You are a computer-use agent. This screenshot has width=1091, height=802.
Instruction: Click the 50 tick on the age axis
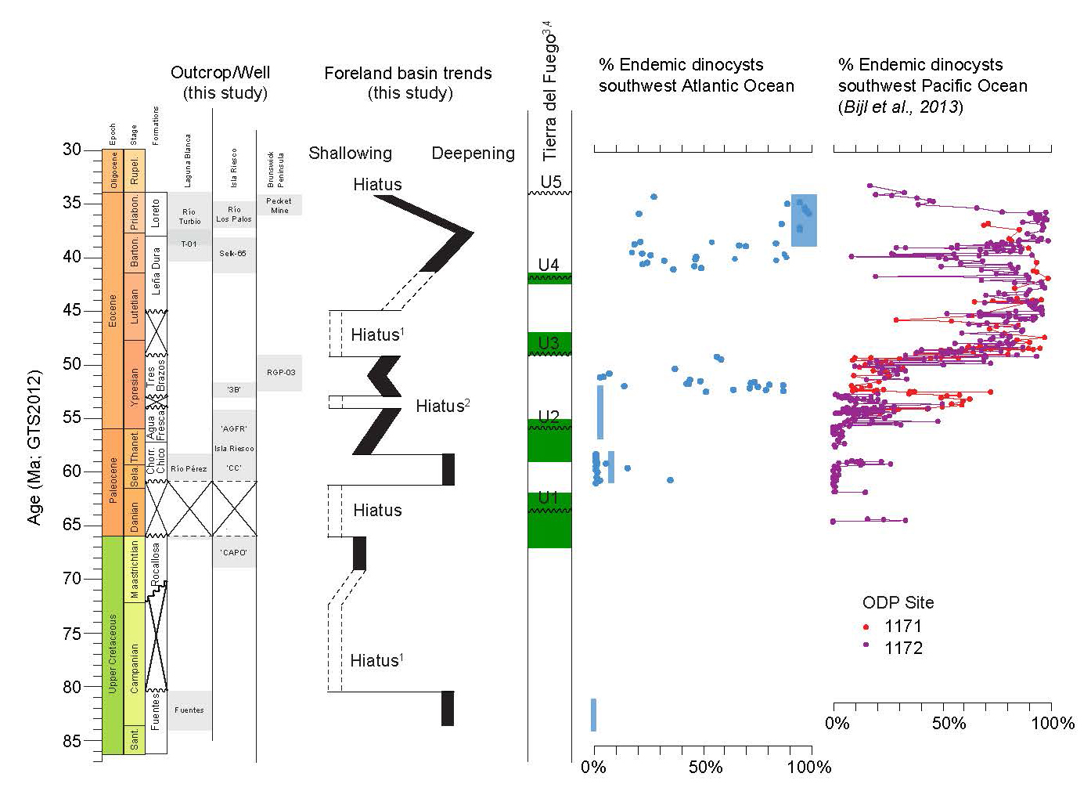coord(93,365)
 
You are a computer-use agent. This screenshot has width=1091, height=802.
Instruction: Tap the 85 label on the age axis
coord(72,741)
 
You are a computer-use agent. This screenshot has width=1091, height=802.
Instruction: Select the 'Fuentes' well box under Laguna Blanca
coord(189,710)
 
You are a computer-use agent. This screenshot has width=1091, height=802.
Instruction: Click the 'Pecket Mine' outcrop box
coord(279,205)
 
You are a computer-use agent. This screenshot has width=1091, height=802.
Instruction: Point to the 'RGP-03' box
coord(280,373)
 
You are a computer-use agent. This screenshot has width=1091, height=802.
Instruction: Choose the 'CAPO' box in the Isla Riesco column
coord(234,553)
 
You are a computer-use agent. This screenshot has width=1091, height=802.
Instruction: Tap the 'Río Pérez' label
coord(189,468)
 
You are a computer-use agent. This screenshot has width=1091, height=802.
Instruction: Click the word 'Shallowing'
coord(350,154)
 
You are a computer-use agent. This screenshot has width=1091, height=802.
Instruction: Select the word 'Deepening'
coord(473,154)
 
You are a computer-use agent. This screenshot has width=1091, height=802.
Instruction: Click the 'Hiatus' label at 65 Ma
coord(376,511)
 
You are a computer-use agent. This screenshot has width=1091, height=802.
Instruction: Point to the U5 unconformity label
coord(550,182)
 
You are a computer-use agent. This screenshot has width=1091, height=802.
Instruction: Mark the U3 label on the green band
coord(549,343)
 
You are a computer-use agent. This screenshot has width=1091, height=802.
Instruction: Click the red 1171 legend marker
coord(866,627)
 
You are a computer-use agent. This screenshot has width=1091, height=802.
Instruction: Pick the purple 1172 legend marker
coord(866,648)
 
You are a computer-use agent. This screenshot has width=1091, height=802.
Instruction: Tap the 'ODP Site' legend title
coord(898,602)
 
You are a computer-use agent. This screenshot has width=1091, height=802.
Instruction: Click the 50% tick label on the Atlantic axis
coord(705,767)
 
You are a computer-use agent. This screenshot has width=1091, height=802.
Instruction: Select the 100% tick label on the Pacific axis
coord(1053,723)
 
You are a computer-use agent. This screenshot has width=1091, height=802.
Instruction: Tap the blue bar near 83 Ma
coord(593,714)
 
